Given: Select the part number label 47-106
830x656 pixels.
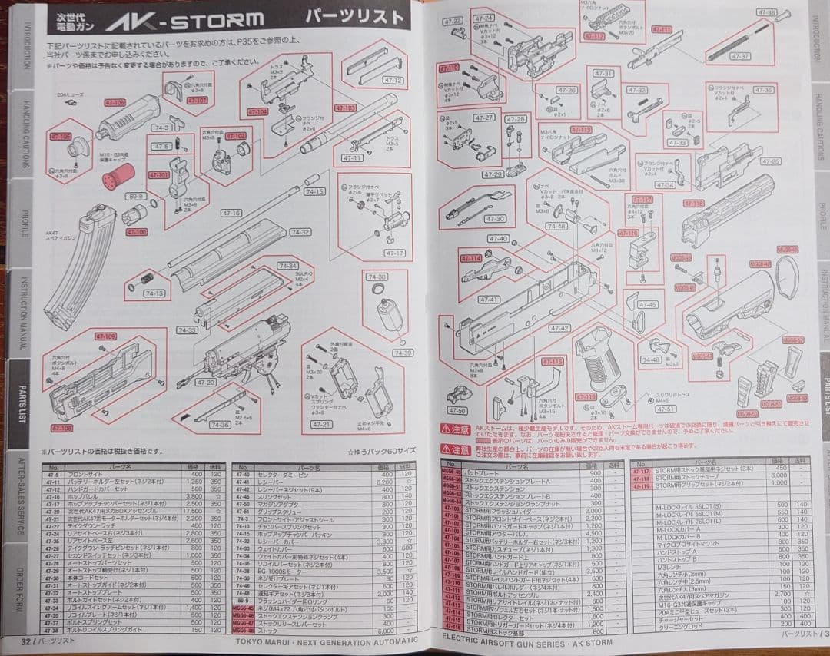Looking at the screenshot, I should tap(114, 102).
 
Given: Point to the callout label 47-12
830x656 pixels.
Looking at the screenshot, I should tap(392, 80).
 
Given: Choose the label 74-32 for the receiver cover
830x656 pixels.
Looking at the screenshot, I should tap(300, 232).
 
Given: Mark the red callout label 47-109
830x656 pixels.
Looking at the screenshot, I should tap(105, 336).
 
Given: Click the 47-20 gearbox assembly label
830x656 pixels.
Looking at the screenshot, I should tap(205, 382).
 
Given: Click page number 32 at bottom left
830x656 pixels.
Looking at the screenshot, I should tap(25, 640).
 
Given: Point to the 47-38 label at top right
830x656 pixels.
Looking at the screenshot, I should tap(766, 12).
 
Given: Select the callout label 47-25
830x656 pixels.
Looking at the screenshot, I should tap(769, 161).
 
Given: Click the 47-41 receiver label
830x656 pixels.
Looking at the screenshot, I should tap(489, 300).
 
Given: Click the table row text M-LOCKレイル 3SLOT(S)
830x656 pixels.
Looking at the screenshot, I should tap(689, 506).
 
